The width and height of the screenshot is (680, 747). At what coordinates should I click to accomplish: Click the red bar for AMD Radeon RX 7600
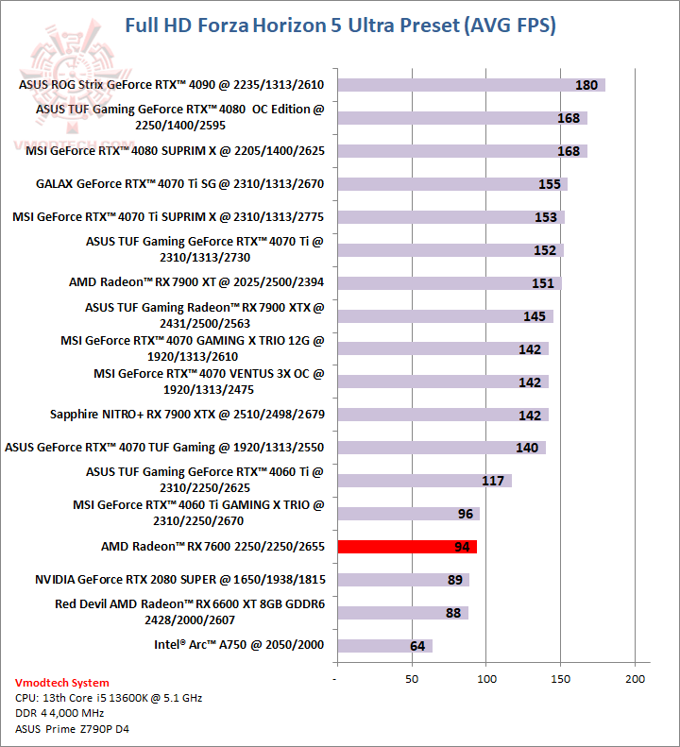point(406,546)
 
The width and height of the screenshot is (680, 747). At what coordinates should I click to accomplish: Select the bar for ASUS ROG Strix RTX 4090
point(470,85)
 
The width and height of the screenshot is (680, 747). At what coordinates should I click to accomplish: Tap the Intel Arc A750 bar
point(383,646)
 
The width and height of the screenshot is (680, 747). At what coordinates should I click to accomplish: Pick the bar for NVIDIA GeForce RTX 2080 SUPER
point(402,579)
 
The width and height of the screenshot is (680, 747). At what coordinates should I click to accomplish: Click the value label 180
point(586,85)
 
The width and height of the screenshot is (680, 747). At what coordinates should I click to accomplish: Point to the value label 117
point(493,481)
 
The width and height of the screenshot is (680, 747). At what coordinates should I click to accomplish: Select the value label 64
point(417,646)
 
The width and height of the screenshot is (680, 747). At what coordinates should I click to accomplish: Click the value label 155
point(550,184)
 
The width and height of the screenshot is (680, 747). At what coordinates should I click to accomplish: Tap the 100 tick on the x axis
point(486,679)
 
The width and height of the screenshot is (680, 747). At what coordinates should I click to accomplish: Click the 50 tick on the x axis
point(412,679)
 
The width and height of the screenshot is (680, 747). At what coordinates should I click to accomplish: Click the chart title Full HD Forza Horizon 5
point(340,25)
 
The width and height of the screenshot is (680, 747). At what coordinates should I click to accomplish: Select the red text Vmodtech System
point(62,683)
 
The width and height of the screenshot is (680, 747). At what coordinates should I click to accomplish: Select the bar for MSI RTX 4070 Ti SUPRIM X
point(450,217)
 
